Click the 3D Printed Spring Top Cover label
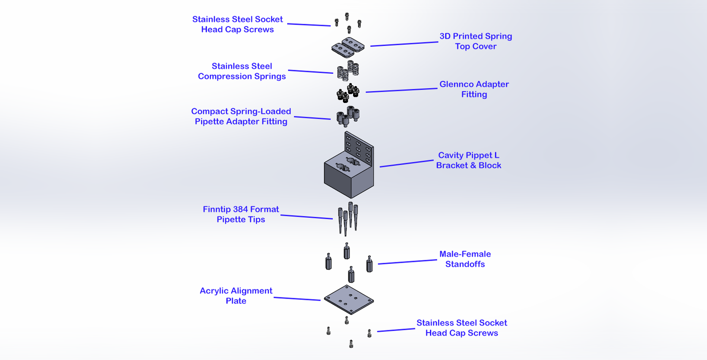475,41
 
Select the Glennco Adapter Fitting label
474,89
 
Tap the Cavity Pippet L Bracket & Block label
468,160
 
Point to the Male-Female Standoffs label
465,259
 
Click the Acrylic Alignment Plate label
236,296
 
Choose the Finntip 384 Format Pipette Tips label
241,214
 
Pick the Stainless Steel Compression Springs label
242,71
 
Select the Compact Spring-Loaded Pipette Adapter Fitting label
241,117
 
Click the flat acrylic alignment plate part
349,299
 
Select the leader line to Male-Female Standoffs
407,262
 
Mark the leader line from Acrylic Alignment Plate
297,299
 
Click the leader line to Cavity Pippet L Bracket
406,163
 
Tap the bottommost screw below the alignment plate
351,344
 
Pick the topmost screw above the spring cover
347,16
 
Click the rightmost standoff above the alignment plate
369,265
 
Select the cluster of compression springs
348,71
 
